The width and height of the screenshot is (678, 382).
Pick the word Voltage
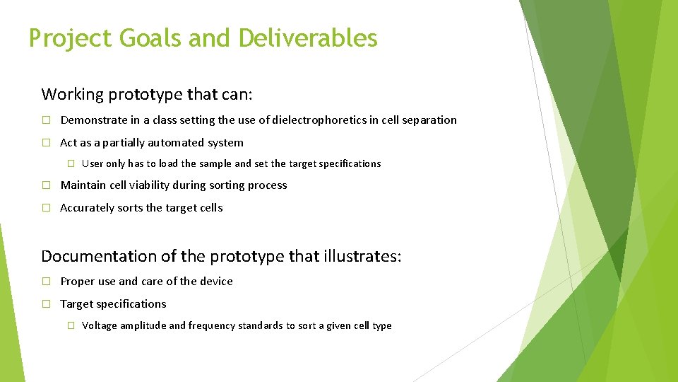coord(100,325)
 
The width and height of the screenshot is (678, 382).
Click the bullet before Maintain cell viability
coord(46,185)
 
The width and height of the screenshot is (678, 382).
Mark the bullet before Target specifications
coord(46,304)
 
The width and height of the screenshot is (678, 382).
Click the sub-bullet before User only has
coord(70,163)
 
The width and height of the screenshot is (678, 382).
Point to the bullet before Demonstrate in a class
coord(46,120)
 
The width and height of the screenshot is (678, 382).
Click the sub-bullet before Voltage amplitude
coord(70,325)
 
